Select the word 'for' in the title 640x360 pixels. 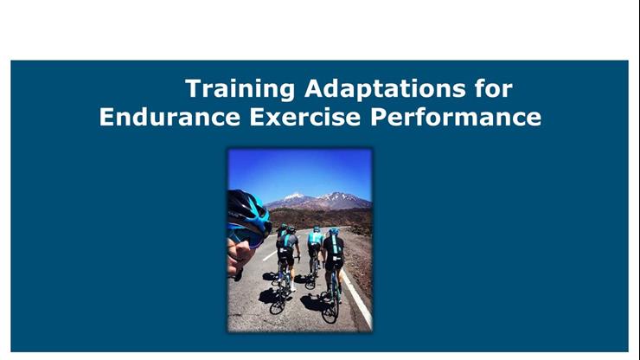pos(493,88)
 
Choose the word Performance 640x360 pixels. pos(458,117)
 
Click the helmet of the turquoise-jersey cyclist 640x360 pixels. pos(317,229)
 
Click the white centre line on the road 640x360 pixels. pos(270,254)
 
